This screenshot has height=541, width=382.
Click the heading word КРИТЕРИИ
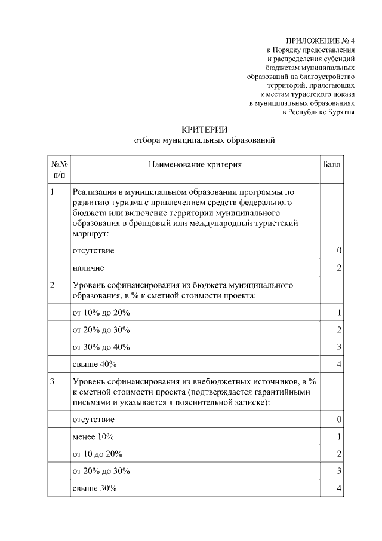[x=205, y=129]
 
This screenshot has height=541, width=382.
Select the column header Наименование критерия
[x=196, y=164]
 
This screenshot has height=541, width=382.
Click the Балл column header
[x=332, y=164]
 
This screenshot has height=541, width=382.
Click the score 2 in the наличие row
[x=338, y=268]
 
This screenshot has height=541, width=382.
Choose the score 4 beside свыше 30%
[x=338, y=488]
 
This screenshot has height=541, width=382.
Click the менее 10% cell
[x=93, y=436]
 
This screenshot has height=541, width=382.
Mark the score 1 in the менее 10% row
[x=338, y=436]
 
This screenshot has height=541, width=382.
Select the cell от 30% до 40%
[x=101, y=347]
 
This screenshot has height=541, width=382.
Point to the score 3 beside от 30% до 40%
[x=338, y=347]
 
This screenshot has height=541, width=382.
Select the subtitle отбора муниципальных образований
[x=205, y=140]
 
